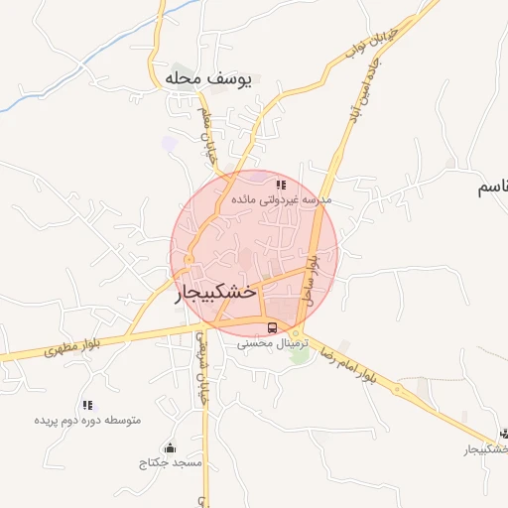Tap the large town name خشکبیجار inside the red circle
(216, 293)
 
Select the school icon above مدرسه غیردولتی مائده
(282, 185)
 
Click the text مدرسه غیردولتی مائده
(281, 199)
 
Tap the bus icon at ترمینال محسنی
(272, 327)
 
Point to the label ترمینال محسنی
(273, 342)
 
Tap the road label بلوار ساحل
(312, 278)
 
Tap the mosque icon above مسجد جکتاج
(171, 447)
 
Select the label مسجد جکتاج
(171, 462)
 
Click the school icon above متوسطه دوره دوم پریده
(88, 405)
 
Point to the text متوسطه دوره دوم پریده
(88, 420)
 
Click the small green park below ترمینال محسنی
(299, 355)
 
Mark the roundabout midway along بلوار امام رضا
(400, 389)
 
